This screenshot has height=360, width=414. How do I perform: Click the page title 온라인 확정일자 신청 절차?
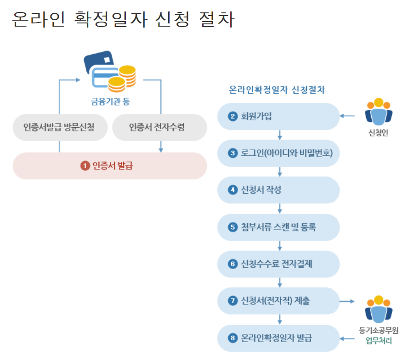click(123, 20)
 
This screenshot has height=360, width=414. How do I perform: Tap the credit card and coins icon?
click(110, 70)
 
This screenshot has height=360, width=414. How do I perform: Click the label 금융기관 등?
click(110, 101)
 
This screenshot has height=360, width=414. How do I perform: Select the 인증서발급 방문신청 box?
click(59, 127)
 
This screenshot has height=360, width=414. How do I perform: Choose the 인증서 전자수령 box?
click(159, 127)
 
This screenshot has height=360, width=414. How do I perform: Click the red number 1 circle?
click(85, 166)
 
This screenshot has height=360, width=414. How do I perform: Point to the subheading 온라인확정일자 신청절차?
click(277, 90)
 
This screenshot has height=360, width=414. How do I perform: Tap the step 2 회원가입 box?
click(278, 116)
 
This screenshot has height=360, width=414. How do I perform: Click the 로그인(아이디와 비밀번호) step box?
click(278, 153)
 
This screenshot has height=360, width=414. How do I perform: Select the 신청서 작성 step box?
click(278, 190)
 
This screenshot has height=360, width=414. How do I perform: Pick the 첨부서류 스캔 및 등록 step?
click(278, 227)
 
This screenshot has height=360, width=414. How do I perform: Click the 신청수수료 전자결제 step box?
click(278, 264)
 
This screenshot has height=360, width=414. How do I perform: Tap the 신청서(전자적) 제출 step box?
click(278, 301)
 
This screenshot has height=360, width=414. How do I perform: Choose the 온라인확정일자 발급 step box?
click(278, 338)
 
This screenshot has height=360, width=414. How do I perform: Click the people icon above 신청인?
click(378, 112)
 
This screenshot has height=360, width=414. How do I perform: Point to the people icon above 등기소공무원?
click(378, 309)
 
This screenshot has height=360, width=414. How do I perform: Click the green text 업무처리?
click(379, 341)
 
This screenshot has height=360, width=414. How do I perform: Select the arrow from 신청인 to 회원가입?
click(348, 116)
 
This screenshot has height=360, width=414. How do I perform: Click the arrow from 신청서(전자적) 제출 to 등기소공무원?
click(348, 301)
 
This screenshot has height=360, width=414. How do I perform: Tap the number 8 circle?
click(233, 338)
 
